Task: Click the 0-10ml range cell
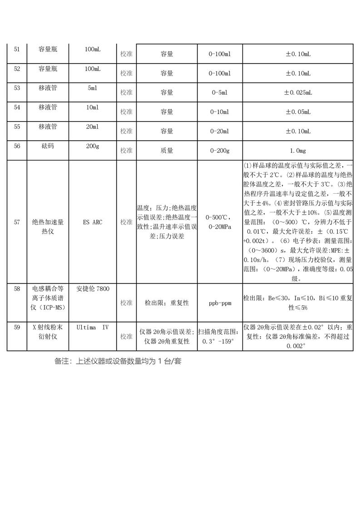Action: click(220, 112)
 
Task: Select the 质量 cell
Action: click(167, 151)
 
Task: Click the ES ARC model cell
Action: click(92, 222)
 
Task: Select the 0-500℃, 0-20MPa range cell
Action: click(220, 222)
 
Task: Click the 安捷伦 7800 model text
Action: click(93, 289)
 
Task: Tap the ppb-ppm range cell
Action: click(220, 303)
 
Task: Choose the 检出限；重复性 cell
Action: click(167, 303)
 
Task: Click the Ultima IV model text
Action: click(93, 327)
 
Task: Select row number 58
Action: click(17, 289)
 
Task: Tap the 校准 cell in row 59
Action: click(126, 337)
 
